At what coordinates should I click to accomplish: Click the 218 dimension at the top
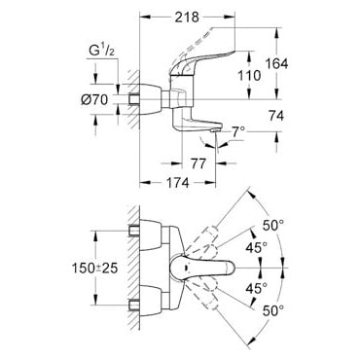(187, 17)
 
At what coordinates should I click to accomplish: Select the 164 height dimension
(276, 63)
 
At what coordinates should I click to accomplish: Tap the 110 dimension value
(249, 75)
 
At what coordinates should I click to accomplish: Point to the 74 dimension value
(276, 116)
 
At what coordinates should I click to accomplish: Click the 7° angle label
(238, 132)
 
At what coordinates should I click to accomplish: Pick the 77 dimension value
(198, 163)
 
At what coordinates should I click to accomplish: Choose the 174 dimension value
(178, 183)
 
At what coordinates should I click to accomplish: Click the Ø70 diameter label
(94, 99)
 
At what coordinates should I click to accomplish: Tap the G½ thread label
(101, 52)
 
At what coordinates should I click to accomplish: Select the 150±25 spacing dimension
(94, 268)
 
